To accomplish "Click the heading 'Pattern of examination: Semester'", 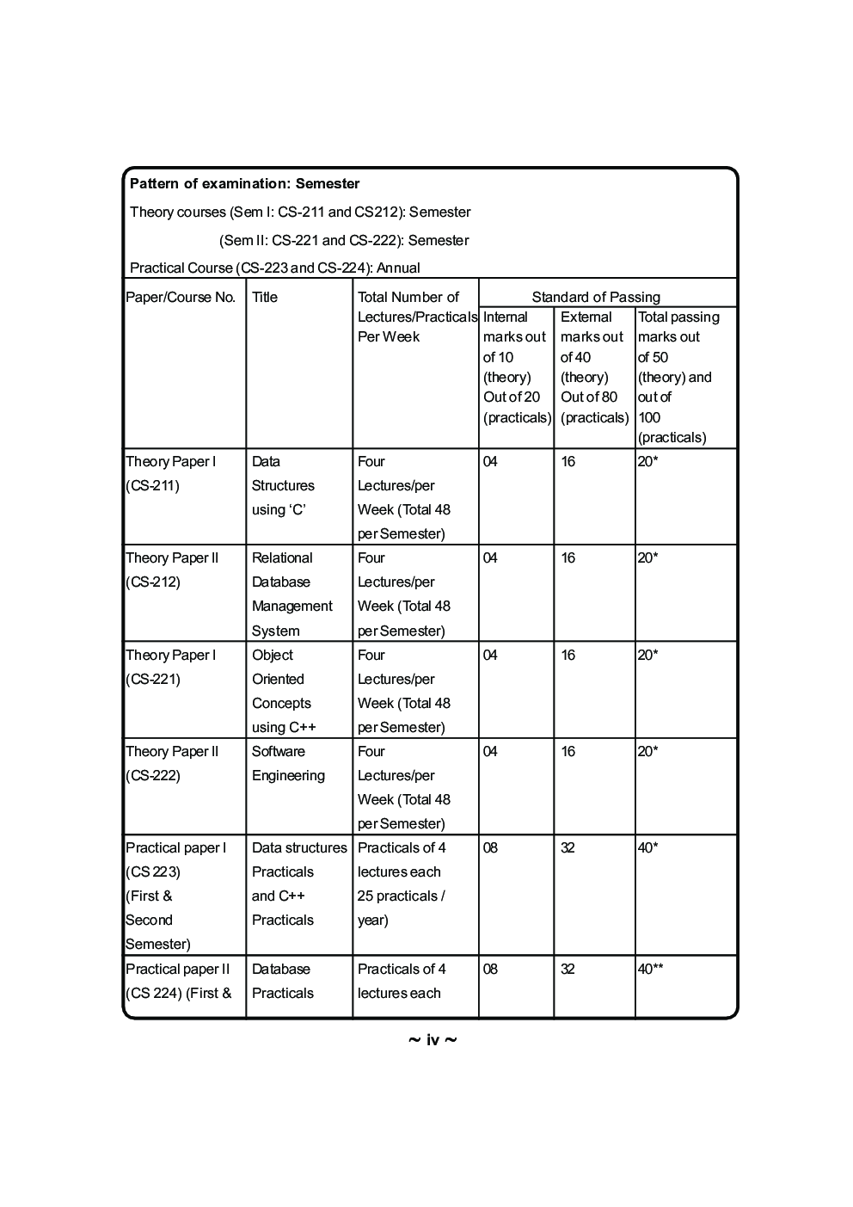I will coord(244,183).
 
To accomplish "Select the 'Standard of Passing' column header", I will coord(595,297).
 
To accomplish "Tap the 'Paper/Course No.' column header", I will coord(181,297).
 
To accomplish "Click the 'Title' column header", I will coord(265,297).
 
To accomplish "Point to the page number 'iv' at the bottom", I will coord(433,1040).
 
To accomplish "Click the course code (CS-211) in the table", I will coord(152,485).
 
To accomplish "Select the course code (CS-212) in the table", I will coord(152,582).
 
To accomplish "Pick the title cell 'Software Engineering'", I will coord(288,763).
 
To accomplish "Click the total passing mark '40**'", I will coord(650,969).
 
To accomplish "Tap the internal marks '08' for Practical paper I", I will coord(490,847).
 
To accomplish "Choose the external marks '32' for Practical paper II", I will coord(568,969).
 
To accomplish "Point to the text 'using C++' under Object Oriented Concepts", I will coord(284,727).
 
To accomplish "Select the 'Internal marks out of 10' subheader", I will coord(514,337).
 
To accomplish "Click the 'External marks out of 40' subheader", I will coord(592,337).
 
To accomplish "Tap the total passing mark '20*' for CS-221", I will coord(647,655).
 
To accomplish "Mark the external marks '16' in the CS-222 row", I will coord(568,751).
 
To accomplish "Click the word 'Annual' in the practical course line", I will coord(398,268).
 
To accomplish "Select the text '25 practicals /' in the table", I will coord(401,896).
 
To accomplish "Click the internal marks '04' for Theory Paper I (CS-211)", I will coord(490,461).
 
